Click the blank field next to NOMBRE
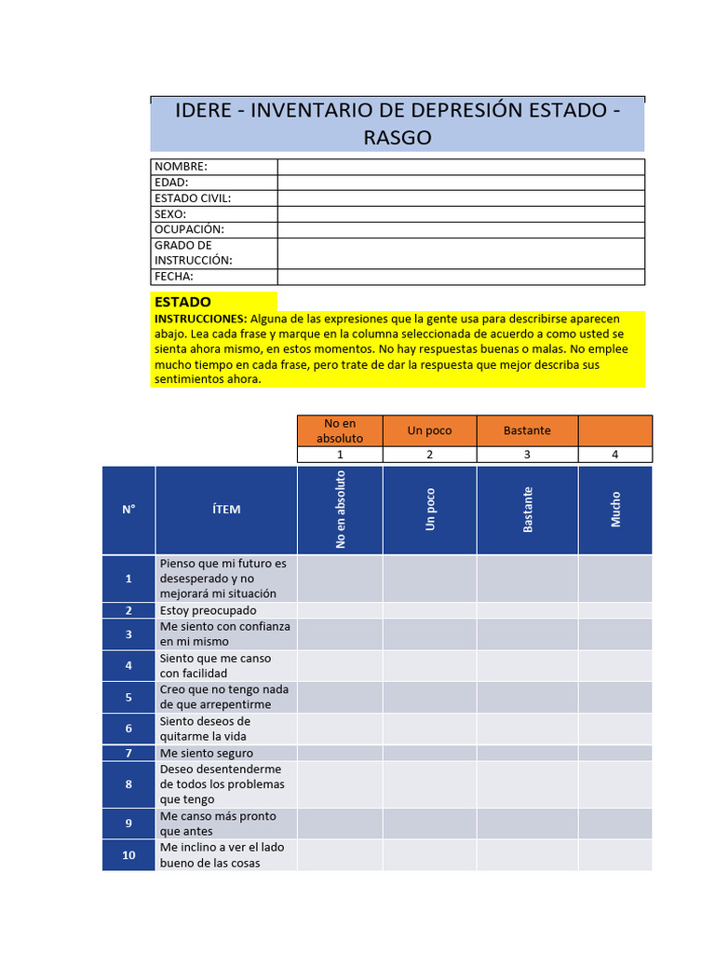460,167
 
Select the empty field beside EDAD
460,183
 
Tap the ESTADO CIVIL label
192,198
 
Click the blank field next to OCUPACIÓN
460,229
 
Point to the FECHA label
174,277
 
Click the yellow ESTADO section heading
182,302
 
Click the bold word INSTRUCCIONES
200,319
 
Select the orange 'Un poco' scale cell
429,430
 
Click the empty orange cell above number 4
614,430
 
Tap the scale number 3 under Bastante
527,455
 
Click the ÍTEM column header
225,510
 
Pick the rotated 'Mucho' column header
615,510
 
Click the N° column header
128,510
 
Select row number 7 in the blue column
128,753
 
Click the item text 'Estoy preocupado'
208,610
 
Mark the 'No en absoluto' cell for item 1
340,579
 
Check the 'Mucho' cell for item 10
614,855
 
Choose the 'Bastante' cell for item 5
527,697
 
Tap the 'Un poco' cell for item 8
429,784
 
